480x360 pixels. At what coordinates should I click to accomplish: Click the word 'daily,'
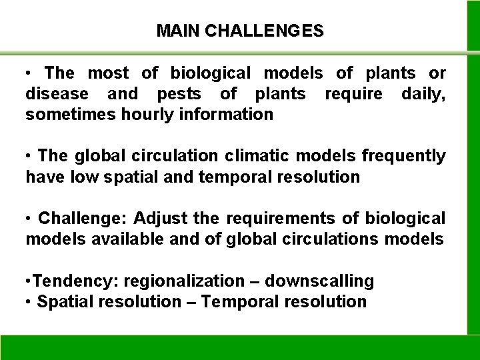tap(424, 93)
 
